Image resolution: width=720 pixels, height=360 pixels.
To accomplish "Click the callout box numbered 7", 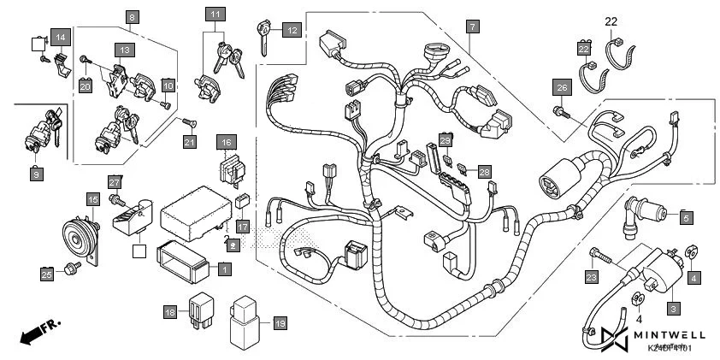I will click(x=473, y=27).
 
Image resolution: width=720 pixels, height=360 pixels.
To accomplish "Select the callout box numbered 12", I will click(x=292, y=31).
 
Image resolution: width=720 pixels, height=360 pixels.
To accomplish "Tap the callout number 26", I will click(x=561, y=88).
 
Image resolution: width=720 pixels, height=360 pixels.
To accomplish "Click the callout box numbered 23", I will click(x=592, y=277).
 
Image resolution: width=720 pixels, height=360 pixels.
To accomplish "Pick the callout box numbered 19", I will click(x=280, y=323).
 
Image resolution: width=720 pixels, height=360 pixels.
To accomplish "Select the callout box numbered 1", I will click(x=223, y=269).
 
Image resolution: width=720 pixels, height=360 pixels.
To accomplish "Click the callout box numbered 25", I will click(x=47, y=274).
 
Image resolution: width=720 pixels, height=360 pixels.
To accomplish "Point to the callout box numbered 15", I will click(x=92, y=199).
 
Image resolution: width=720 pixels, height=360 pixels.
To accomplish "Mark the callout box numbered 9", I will click(x=36, y=174).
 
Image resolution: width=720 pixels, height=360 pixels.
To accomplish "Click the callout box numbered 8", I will click(x=131, y=17).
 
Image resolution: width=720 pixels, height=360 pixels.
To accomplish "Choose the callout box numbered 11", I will click(x=215, y=15).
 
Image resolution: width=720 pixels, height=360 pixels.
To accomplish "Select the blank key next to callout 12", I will click(x=263, y=38).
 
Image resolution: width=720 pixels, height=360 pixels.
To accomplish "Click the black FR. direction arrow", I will click(x=32, y=332).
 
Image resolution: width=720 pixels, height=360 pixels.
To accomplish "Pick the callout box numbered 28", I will click(x=485, y=172).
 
